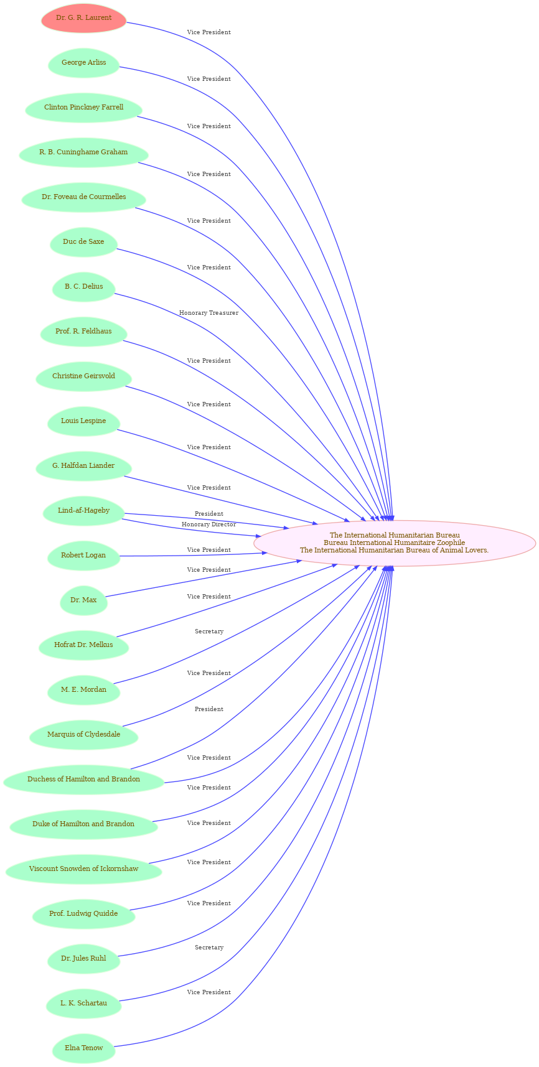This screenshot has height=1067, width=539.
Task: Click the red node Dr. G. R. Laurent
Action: (83, 18)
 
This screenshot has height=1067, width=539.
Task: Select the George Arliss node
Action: (83, 63)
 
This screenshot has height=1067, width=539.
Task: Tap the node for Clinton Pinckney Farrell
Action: (83, 108)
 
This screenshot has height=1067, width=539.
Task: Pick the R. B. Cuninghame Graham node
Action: (83, 152)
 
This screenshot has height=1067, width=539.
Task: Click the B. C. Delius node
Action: (83, 287)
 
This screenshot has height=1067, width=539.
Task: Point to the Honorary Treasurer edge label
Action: (209, 313)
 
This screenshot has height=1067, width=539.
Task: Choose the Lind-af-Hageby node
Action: (83, 511)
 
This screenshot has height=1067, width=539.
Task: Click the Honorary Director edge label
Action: (209, 524)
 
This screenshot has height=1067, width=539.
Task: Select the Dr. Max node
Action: (83, 600)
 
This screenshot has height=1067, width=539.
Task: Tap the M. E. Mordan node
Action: (83, 690)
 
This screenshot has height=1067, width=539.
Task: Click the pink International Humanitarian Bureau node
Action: (395, 543)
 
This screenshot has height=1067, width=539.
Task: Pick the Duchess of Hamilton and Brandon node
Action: (83, 780)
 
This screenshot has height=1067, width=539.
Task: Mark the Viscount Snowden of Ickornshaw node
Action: (83, 869)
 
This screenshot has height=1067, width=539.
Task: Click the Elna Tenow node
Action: (83, 1048)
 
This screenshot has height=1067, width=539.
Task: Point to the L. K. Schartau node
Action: (83, 1004)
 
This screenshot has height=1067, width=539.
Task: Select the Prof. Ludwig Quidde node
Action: (83, 914)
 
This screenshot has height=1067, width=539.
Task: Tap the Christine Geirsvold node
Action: (83, 376)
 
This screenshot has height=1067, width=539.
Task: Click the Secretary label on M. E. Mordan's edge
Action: (209, 631)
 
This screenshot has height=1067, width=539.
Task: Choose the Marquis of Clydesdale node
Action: (83, 735)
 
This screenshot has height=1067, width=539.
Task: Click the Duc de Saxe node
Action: (83, 242)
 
